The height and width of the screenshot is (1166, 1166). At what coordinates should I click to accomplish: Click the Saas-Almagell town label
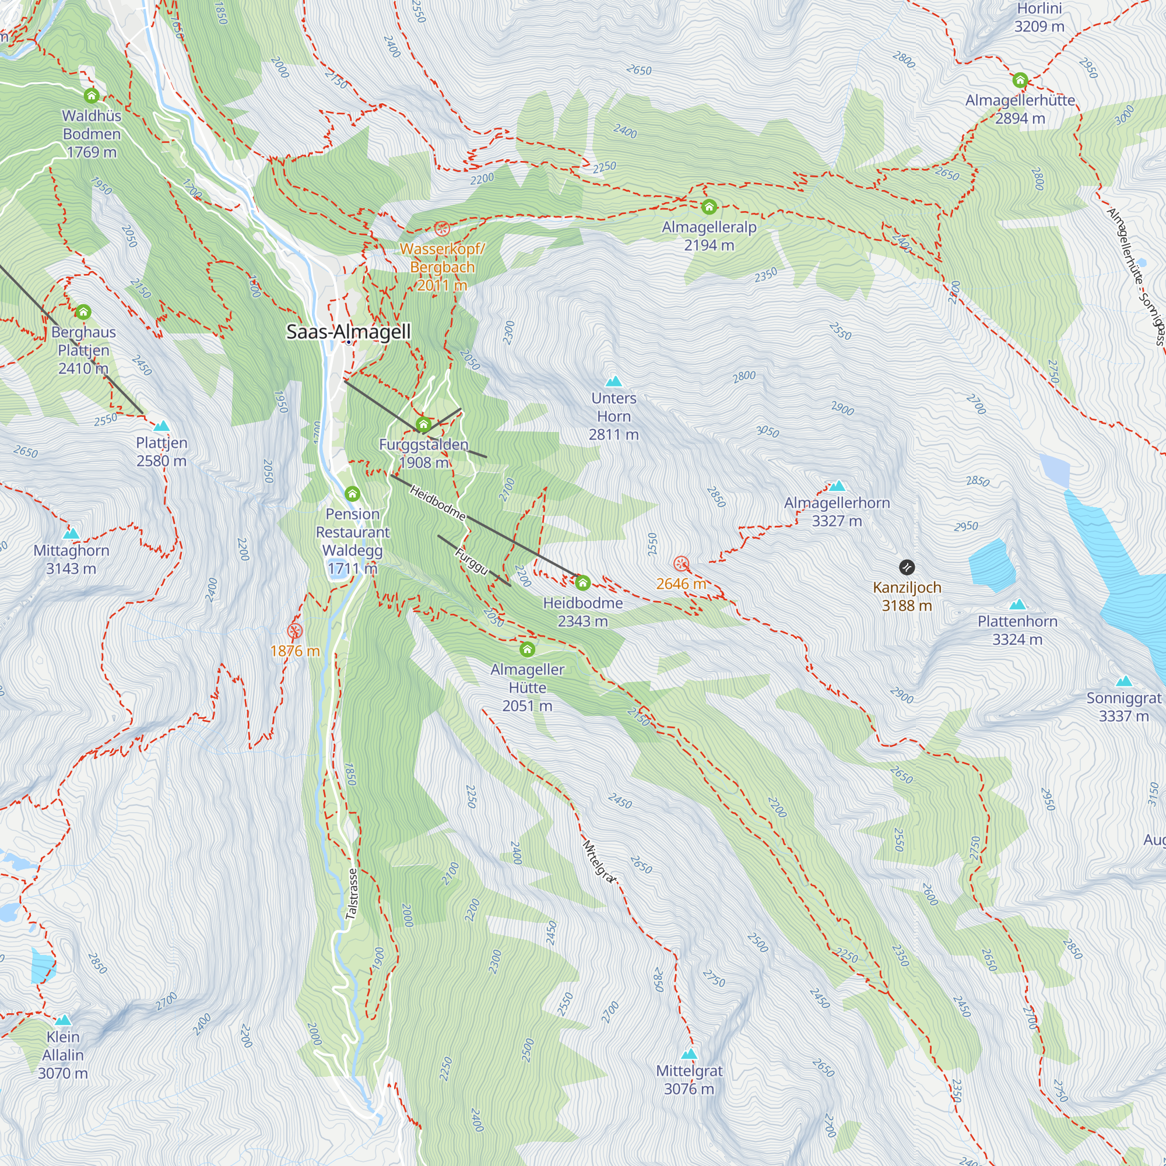[348, 331]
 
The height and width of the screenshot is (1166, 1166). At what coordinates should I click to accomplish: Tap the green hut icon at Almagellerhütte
[1020, 80]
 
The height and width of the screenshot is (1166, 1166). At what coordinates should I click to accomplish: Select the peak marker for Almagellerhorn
[837, 486]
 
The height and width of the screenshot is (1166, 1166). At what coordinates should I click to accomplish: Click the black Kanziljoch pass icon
[907, 567]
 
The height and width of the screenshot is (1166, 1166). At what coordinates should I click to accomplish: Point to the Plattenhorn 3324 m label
[1017, 630]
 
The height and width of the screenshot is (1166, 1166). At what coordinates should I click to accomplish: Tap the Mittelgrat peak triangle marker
[689, 1053]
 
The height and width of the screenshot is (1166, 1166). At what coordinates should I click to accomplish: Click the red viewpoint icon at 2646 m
[681, 564]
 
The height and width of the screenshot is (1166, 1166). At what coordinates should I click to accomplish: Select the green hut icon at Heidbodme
[582, 582]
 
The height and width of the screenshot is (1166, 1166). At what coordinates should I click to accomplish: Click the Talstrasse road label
[352, 894]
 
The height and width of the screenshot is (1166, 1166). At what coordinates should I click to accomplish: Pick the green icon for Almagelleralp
[709, 207]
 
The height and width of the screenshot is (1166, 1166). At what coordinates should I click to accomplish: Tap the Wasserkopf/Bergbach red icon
[442, 228]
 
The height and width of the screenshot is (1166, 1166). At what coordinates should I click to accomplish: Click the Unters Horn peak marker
[613, 381]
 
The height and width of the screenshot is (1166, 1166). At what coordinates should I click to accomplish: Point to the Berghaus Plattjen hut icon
[83, 312]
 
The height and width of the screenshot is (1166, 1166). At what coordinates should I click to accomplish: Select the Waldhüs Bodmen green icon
[92, 96]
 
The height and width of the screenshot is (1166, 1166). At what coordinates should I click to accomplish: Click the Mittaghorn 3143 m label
[71, 559]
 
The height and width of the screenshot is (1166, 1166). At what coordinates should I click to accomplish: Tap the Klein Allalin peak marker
[63, 1020]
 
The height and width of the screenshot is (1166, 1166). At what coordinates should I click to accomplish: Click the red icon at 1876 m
[294, 631]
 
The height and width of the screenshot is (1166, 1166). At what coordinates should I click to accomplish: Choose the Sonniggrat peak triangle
[1123, 682]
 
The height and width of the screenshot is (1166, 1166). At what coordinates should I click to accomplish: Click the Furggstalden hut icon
[424, 424]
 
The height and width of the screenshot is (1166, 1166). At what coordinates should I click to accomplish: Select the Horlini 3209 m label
[1039, 17]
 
